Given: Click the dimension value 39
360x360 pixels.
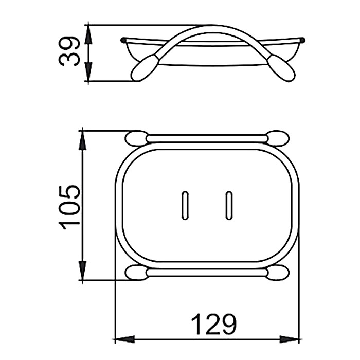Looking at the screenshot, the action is [69, 51].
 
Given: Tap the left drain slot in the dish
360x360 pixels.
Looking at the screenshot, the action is [185, 206].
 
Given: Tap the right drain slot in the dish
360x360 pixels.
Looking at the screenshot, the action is [229, 206].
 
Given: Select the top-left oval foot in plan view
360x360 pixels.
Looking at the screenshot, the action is [136, 138].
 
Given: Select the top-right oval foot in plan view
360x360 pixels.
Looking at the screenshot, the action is [278, 138].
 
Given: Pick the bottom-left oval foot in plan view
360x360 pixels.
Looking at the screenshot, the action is [136, 272].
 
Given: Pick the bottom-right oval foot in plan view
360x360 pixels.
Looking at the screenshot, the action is [278, 272].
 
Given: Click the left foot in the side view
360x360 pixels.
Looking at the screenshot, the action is [145, 67].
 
